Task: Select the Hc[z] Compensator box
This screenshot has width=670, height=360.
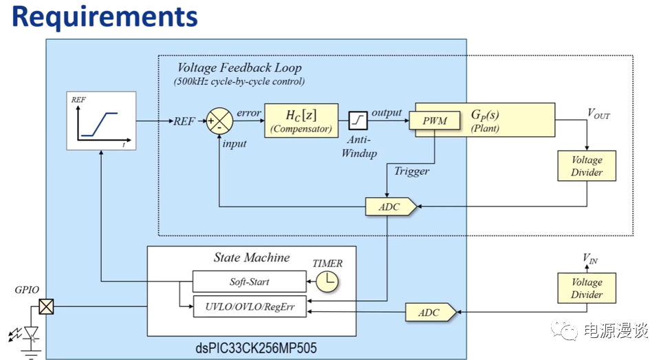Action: tap(301, 120)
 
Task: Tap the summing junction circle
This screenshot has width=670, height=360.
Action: tap(220, 121)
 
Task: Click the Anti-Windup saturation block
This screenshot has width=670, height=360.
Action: tap(358, 120)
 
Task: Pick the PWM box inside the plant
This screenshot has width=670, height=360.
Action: tap(435, 121)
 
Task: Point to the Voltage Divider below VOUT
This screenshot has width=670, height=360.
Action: tap(587, 165)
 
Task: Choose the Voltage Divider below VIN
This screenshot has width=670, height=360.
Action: tap(587, 288)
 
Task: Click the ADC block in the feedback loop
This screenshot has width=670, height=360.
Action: tap(389, 207)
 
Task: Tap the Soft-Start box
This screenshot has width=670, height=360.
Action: tap(249, 282)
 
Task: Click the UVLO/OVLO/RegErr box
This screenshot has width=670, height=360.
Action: tap(249, 307)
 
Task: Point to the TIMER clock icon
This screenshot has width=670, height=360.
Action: tap(329, 282)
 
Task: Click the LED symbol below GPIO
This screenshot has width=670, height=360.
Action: tap(30, 333)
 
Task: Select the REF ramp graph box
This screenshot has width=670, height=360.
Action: tap(101, 120)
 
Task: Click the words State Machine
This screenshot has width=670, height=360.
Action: tap(251, 257)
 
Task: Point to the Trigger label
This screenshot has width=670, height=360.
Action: tap(412, 171)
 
